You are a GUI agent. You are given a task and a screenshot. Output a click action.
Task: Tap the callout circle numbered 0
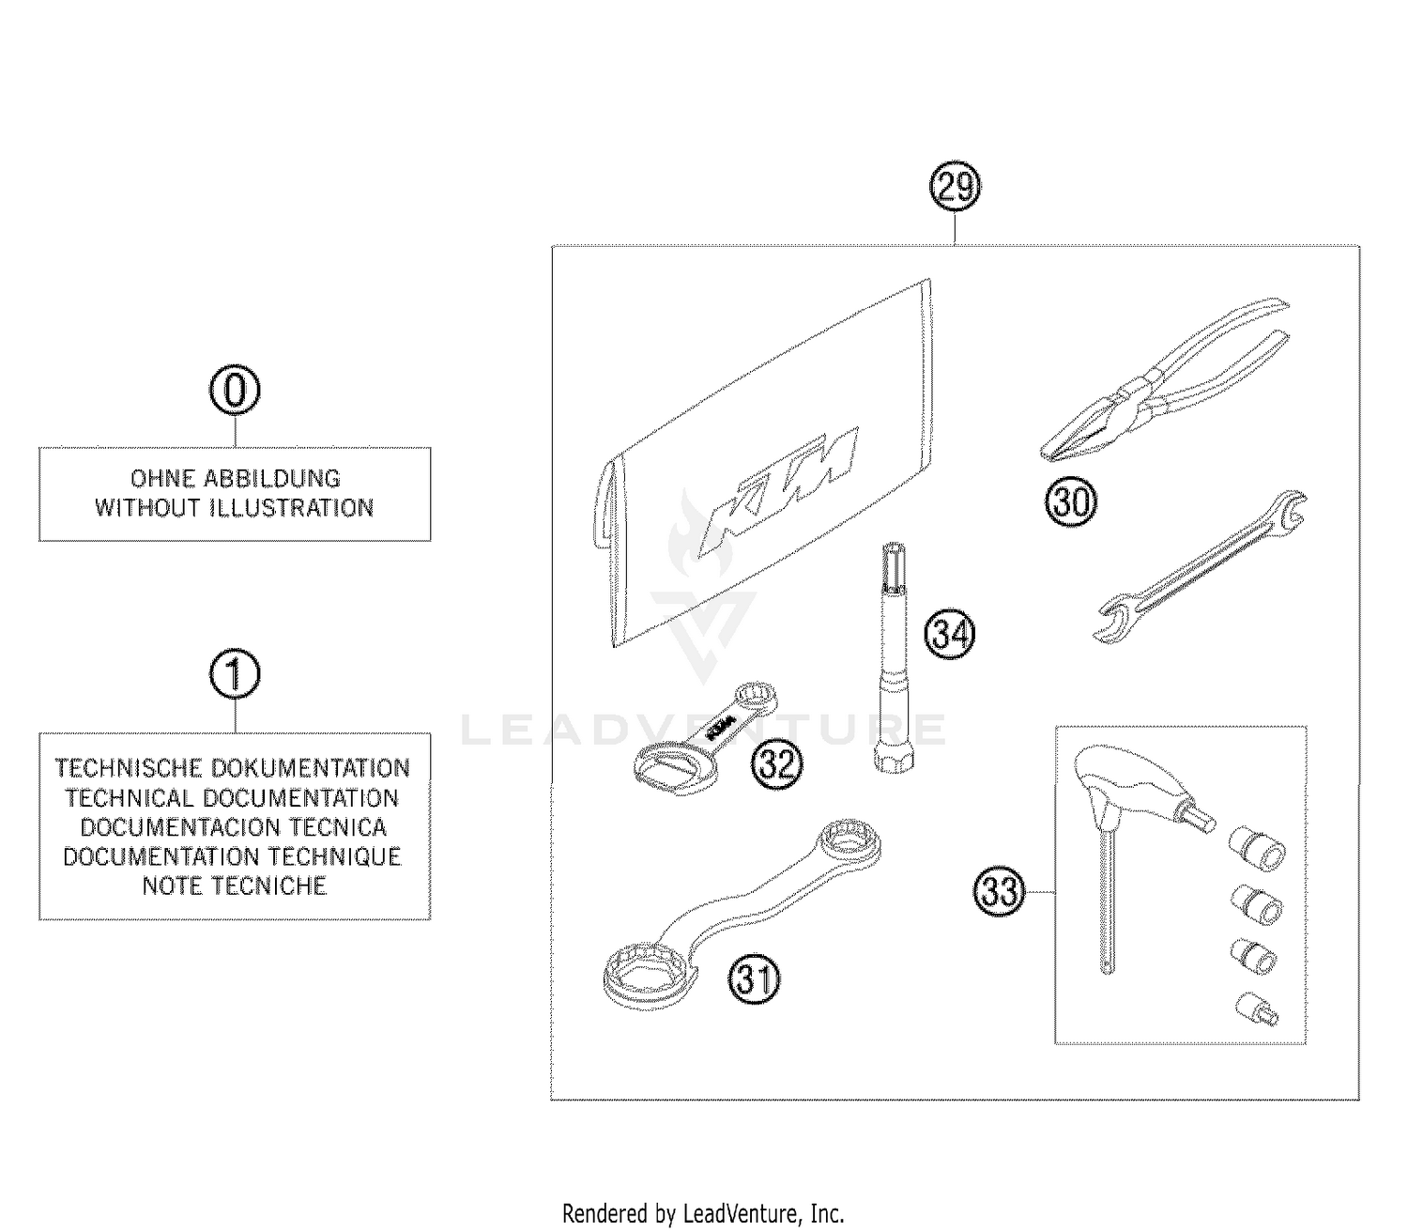[x=235, y=391]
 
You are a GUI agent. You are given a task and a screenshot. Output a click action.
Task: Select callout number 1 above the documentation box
[x=235, y=675]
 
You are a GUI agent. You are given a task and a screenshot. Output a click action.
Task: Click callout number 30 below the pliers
[x=1071, y=502]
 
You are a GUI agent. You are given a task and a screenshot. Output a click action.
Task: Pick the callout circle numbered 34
[x=949, y=635]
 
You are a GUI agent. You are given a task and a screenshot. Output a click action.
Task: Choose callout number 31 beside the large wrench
[x=756, y=980]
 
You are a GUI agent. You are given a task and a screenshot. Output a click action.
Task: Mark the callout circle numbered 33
[x=999, y=889]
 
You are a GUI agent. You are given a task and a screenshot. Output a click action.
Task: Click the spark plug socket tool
[x=892, y=657]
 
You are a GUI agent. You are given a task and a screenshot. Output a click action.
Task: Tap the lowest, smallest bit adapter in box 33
[x=1257, y=1009]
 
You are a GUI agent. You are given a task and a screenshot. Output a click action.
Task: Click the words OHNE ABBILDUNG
[x=235, y=478]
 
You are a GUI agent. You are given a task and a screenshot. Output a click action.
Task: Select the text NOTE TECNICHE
[x=235, y=885]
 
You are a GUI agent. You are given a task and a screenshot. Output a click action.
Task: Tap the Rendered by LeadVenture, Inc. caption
[x=703, y=1213]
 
